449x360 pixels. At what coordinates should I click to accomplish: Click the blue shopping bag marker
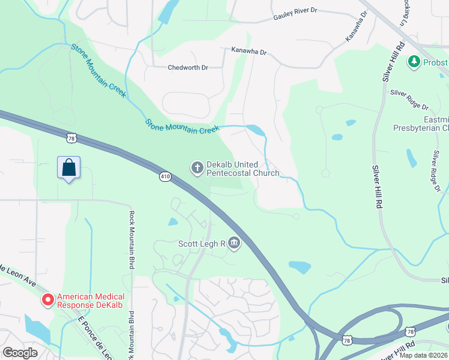pos(69,167)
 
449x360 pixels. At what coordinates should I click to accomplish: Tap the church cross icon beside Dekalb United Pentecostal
pos(197,169)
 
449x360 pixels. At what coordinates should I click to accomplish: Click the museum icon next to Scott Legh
pos(234,244)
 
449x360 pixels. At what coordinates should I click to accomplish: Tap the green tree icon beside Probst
pos(413,61)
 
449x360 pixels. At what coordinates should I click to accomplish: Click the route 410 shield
pos(166,176)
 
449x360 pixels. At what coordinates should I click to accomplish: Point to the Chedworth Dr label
pos(188,68)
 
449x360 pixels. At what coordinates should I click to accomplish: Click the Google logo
pos(20,352)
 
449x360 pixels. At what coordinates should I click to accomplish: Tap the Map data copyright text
pos(424,355)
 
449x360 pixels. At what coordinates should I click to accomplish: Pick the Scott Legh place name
pos(201,244)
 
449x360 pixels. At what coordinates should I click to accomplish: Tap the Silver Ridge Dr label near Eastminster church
pos(409,100)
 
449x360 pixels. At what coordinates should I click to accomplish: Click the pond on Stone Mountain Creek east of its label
pos(255,130)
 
